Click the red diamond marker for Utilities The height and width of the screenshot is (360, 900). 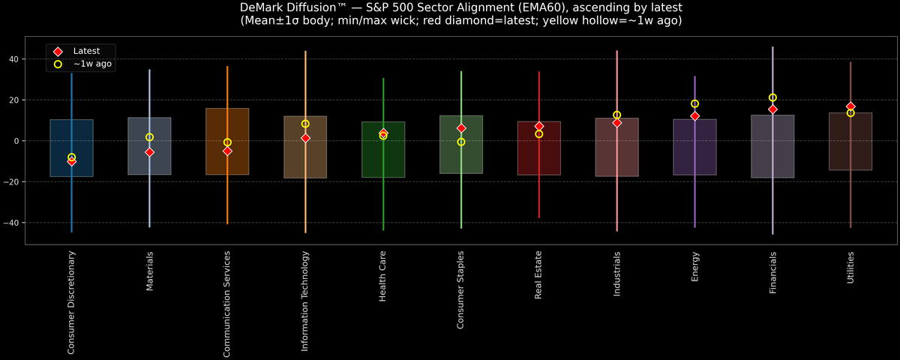[850, 106]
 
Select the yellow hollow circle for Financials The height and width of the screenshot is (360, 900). [772, 97]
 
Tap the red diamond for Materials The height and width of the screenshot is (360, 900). [149, 152]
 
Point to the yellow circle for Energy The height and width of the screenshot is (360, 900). [694, 104]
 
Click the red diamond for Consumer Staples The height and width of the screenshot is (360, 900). [461, 128]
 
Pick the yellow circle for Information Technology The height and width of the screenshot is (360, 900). [305, 124]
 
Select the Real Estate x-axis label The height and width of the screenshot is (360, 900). [538, 275]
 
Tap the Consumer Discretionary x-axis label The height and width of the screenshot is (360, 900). [71, 302]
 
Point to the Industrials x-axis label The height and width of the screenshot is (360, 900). [616, 273]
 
